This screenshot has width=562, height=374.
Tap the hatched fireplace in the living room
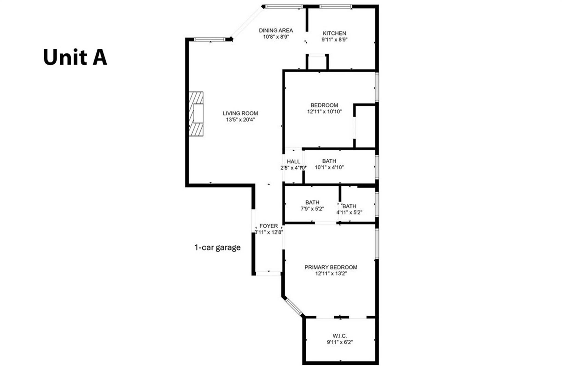(196, 114)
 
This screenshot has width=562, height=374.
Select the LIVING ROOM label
(240, 113)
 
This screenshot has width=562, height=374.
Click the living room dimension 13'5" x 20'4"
(240, 120)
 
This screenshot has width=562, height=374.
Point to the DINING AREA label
(276, 30)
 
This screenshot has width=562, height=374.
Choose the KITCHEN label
(334, 33)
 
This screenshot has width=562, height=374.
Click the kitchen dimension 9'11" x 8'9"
(335, 39)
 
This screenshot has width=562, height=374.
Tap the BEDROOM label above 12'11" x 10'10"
(324, 105)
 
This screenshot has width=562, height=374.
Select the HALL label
(293, 161)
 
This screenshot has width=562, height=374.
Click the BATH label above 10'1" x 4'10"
(329, 161)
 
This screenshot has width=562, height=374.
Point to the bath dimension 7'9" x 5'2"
(312, 209)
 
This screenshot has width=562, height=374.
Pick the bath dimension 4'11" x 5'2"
(349, 212)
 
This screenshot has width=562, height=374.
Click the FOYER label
(268, 226)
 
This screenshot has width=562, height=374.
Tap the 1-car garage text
(217, 248)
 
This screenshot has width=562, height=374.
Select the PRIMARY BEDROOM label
(331, 267)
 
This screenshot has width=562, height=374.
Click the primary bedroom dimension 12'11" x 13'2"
(331, 274)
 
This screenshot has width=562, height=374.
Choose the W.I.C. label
(340, 336)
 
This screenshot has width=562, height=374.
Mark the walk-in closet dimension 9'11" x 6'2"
(340, 342)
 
